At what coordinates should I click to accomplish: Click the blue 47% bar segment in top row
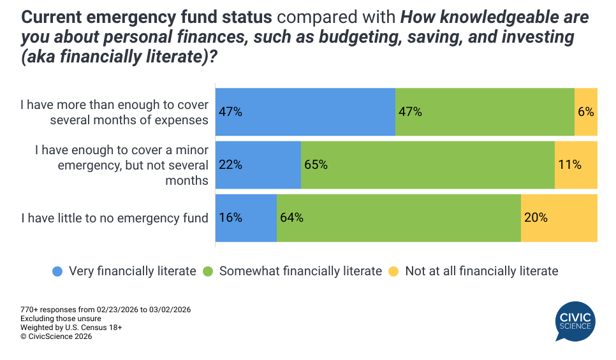point(305,112)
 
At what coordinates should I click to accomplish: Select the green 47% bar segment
point(485,112)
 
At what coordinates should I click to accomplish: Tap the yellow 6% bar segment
point(586,112)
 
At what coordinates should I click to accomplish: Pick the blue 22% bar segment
point(258,164)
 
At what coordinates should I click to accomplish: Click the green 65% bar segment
point(427,164)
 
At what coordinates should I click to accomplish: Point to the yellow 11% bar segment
point(576,164)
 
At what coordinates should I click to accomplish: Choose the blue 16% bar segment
point(246,218)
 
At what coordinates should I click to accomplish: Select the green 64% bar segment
point(399,218)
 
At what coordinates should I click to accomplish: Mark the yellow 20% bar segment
point(559,218)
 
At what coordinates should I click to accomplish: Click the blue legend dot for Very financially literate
point(57,271)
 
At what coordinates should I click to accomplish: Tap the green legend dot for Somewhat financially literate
point(208,271)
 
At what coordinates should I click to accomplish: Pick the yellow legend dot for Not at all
point(393,271)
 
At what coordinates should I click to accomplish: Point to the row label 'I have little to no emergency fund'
point(115,218)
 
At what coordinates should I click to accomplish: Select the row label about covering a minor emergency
point(121,165)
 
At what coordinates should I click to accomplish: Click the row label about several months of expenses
point(115,112)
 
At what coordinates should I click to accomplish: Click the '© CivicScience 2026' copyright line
point(56,336)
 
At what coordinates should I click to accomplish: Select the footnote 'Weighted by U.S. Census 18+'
point(71,328)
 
